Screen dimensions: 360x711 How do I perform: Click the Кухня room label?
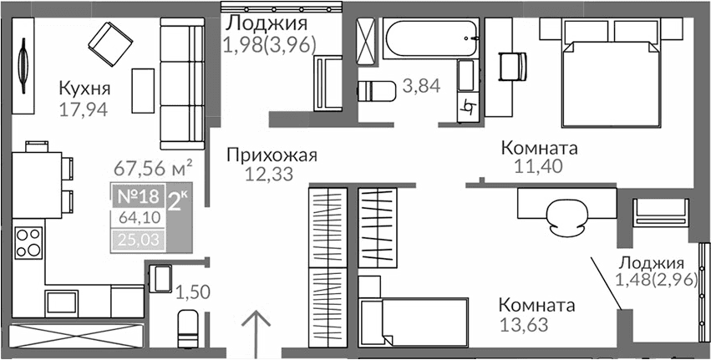85,89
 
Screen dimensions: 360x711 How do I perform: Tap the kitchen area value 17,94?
85,108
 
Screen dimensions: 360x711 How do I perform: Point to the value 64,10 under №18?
135,221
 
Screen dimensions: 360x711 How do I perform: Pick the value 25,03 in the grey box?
135,241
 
